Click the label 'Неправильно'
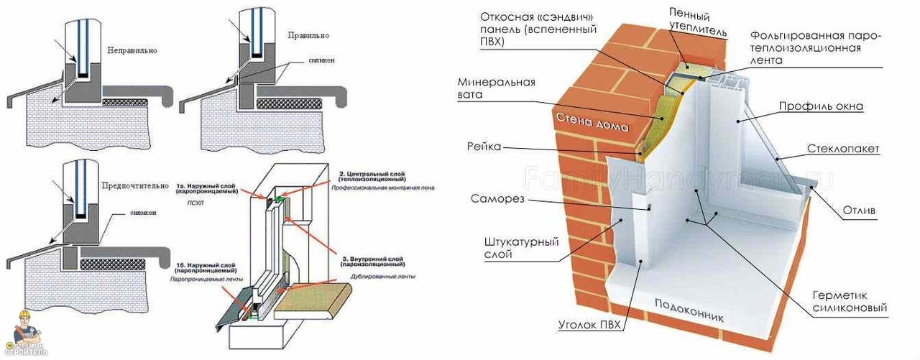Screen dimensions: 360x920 pyautogui.click(x=132, y=51)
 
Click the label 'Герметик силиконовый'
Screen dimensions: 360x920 pyautogui.click(x=850, y=302)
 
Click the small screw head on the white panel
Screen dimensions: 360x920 pyautogui.click(x=649, y=207)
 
